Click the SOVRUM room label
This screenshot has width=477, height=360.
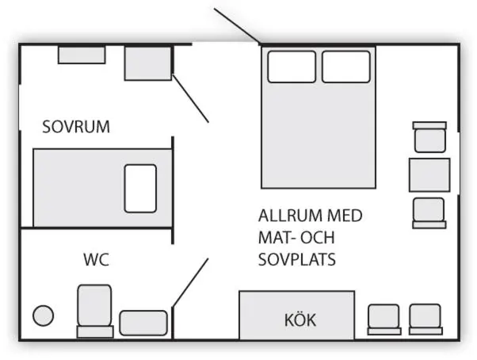(76, 127)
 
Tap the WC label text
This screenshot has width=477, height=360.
(96, 259)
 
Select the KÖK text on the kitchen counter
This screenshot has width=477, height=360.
(300, 320)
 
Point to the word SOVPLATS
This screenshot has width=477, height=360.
(297, 259)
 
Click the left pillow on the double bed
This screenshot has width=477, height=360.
(292, 67)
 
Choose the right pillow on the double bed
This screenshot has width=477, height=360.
(346, 67)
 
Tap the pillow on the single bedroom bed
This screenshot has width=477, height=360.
(140, 189)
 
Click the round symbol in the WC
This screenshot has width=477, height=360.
(44, 316)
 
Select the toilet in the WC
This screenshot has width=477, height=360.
(95, 311)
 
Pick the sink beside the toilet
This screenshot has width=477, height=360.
(143, 323)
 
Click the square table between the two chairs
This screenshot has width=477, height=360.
(429, 175)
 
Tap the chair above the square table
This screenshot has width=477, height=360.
(429, 137)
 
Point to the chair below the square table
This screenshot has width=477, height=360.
(429, 213)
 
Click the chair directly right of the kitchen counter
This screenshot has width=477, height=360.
(384, 320)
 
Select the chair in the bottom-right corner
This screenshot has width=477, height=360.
(425, 320)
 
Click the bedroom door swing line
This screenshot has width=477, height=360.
(191, 98)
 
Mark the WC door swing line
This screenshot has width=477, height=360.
(190, 283)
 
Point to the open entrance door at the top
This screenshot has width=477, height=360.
(237, 26)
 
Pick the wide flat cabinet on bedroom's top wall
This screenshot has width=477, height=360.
(82, 55)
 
